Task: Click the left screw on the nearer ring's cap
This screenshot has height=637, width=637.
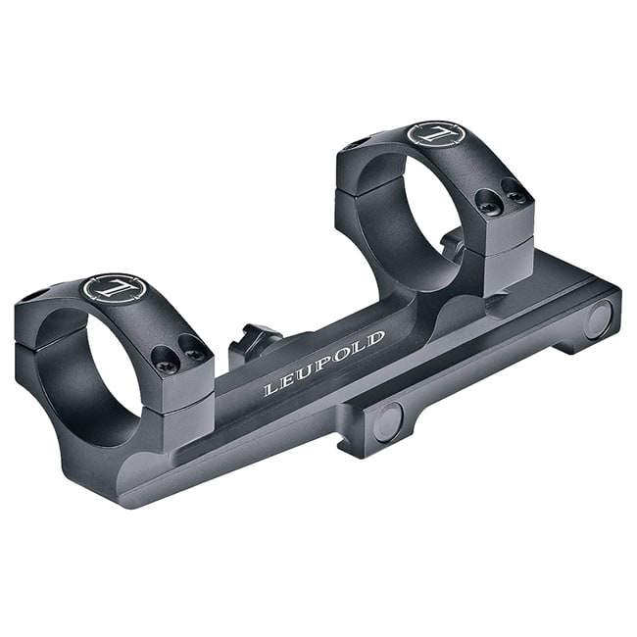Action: (166, 366)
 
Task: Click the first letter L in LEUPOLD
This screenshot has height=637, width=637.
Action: (270, 389)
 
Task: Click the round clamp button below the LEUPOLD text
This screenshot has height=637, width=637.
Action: (388, 421)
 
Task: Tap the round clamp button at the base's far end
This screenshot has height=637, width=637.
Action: (598, 318)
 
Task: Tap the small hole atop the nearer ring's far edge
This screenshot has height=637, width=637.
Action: (36, 294)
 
